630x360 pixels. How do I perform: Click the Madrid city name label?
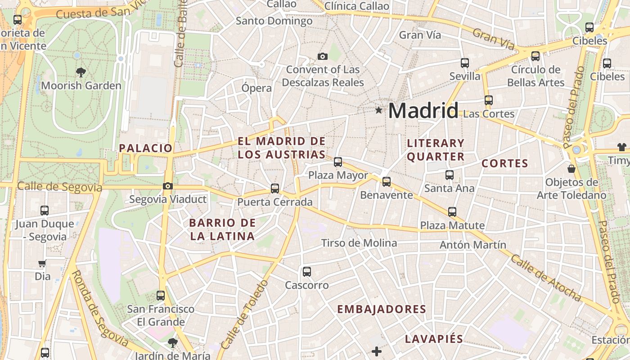pyautogui.click(x=423, y=111)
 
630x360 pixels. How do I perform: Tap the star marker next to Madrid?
pyautogui.click(x=379, y=110)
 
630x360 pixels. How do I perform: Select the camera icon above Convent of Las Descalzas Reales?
pyautogui.click(x=322, y=56)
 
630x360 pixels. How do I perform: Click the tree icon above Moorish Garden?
pyautogui.click(x=81, y=72)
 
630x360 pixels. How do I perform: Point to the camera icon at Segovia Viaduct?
pyautogui.click(x=167, y=186)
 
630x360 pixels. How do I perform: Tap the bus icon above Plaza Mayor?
pyautogui.click(x=338, y=162)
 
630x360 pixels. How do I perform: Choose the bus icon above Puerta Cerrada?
pyautogui.click(x=275, y=189)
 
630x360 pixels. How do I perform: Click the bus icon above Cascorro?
pyautogui.click(x=307, y=272)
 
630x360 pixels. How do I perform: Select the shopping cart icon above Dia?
pyautogui.click(x=42, y=264)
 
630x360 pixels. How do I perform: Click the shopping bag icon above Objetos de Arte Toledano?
pyautogui.click(x=571, y=169)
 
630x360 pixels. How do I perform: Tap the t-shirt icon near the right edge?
pyautogui.click(x=621, y=147)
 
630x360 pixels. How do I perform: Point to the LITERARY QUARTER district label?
pyautogui.click(x=436, y=150)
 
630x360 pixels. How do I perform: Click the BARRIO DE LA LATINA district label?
pyautogui.click(x=222, y=229)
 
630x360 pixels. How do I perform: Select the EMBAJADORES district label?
pyautogui.click(x=382, y=309)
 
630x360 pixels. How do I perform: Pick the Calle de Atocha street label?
pyautogui.click(x=546, y=278)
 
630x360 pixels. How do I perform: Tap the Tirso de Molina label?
pyautogui.click(x=359, y=243)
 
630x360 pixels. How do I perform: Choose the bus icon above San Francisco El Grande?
pyautogui.click(x=161, y=296)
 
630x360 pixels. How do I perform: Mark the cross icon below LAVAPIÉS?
pyautogui.click(x=377, y=351)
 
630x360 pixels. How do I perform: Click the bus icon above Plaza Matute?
pyautogui.click(x=452, y=211)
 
